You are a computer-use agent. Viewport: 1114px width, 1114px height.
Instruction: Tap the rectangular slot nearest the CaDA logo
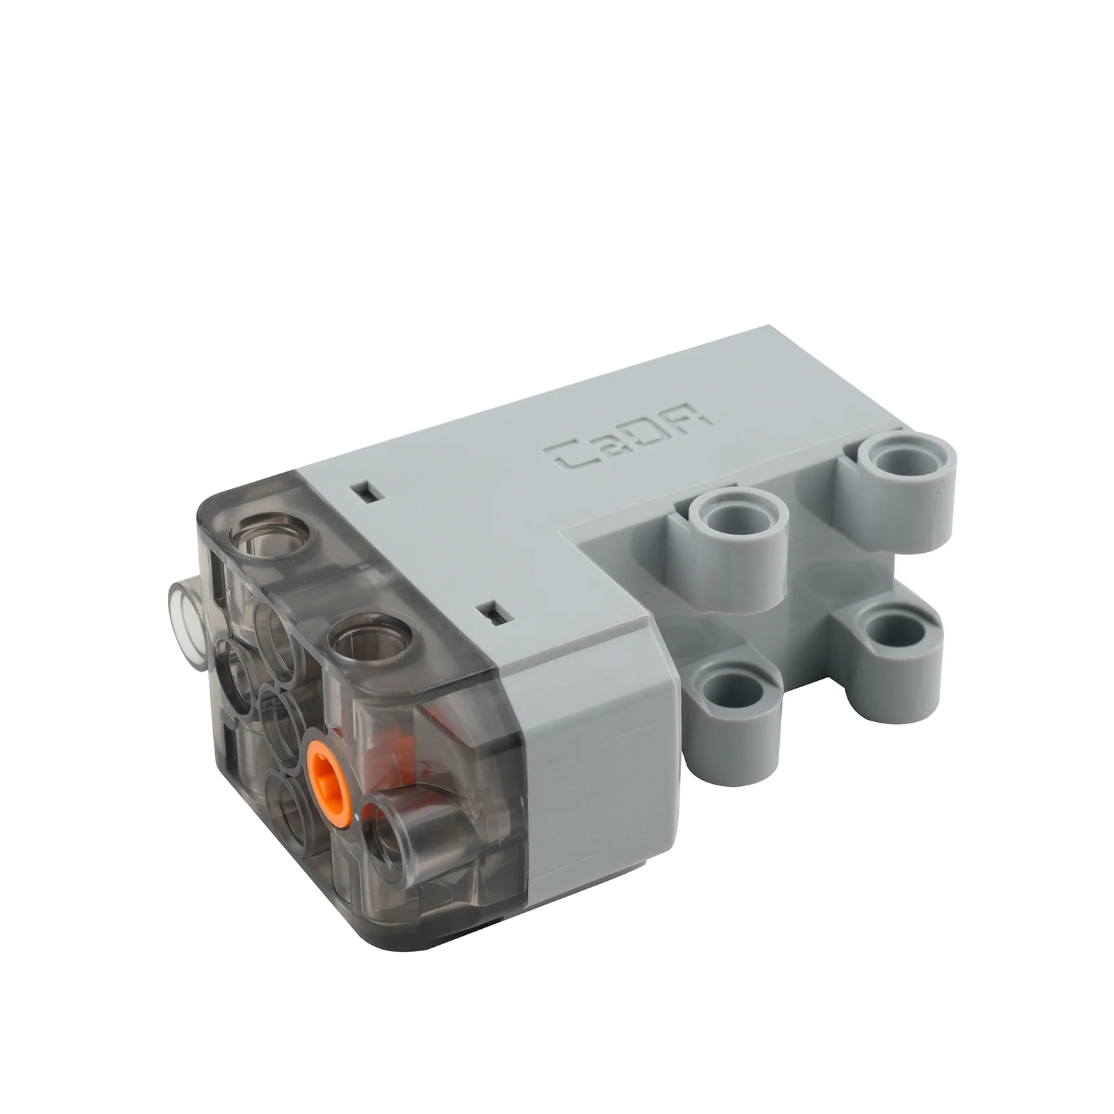point(368,492)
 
